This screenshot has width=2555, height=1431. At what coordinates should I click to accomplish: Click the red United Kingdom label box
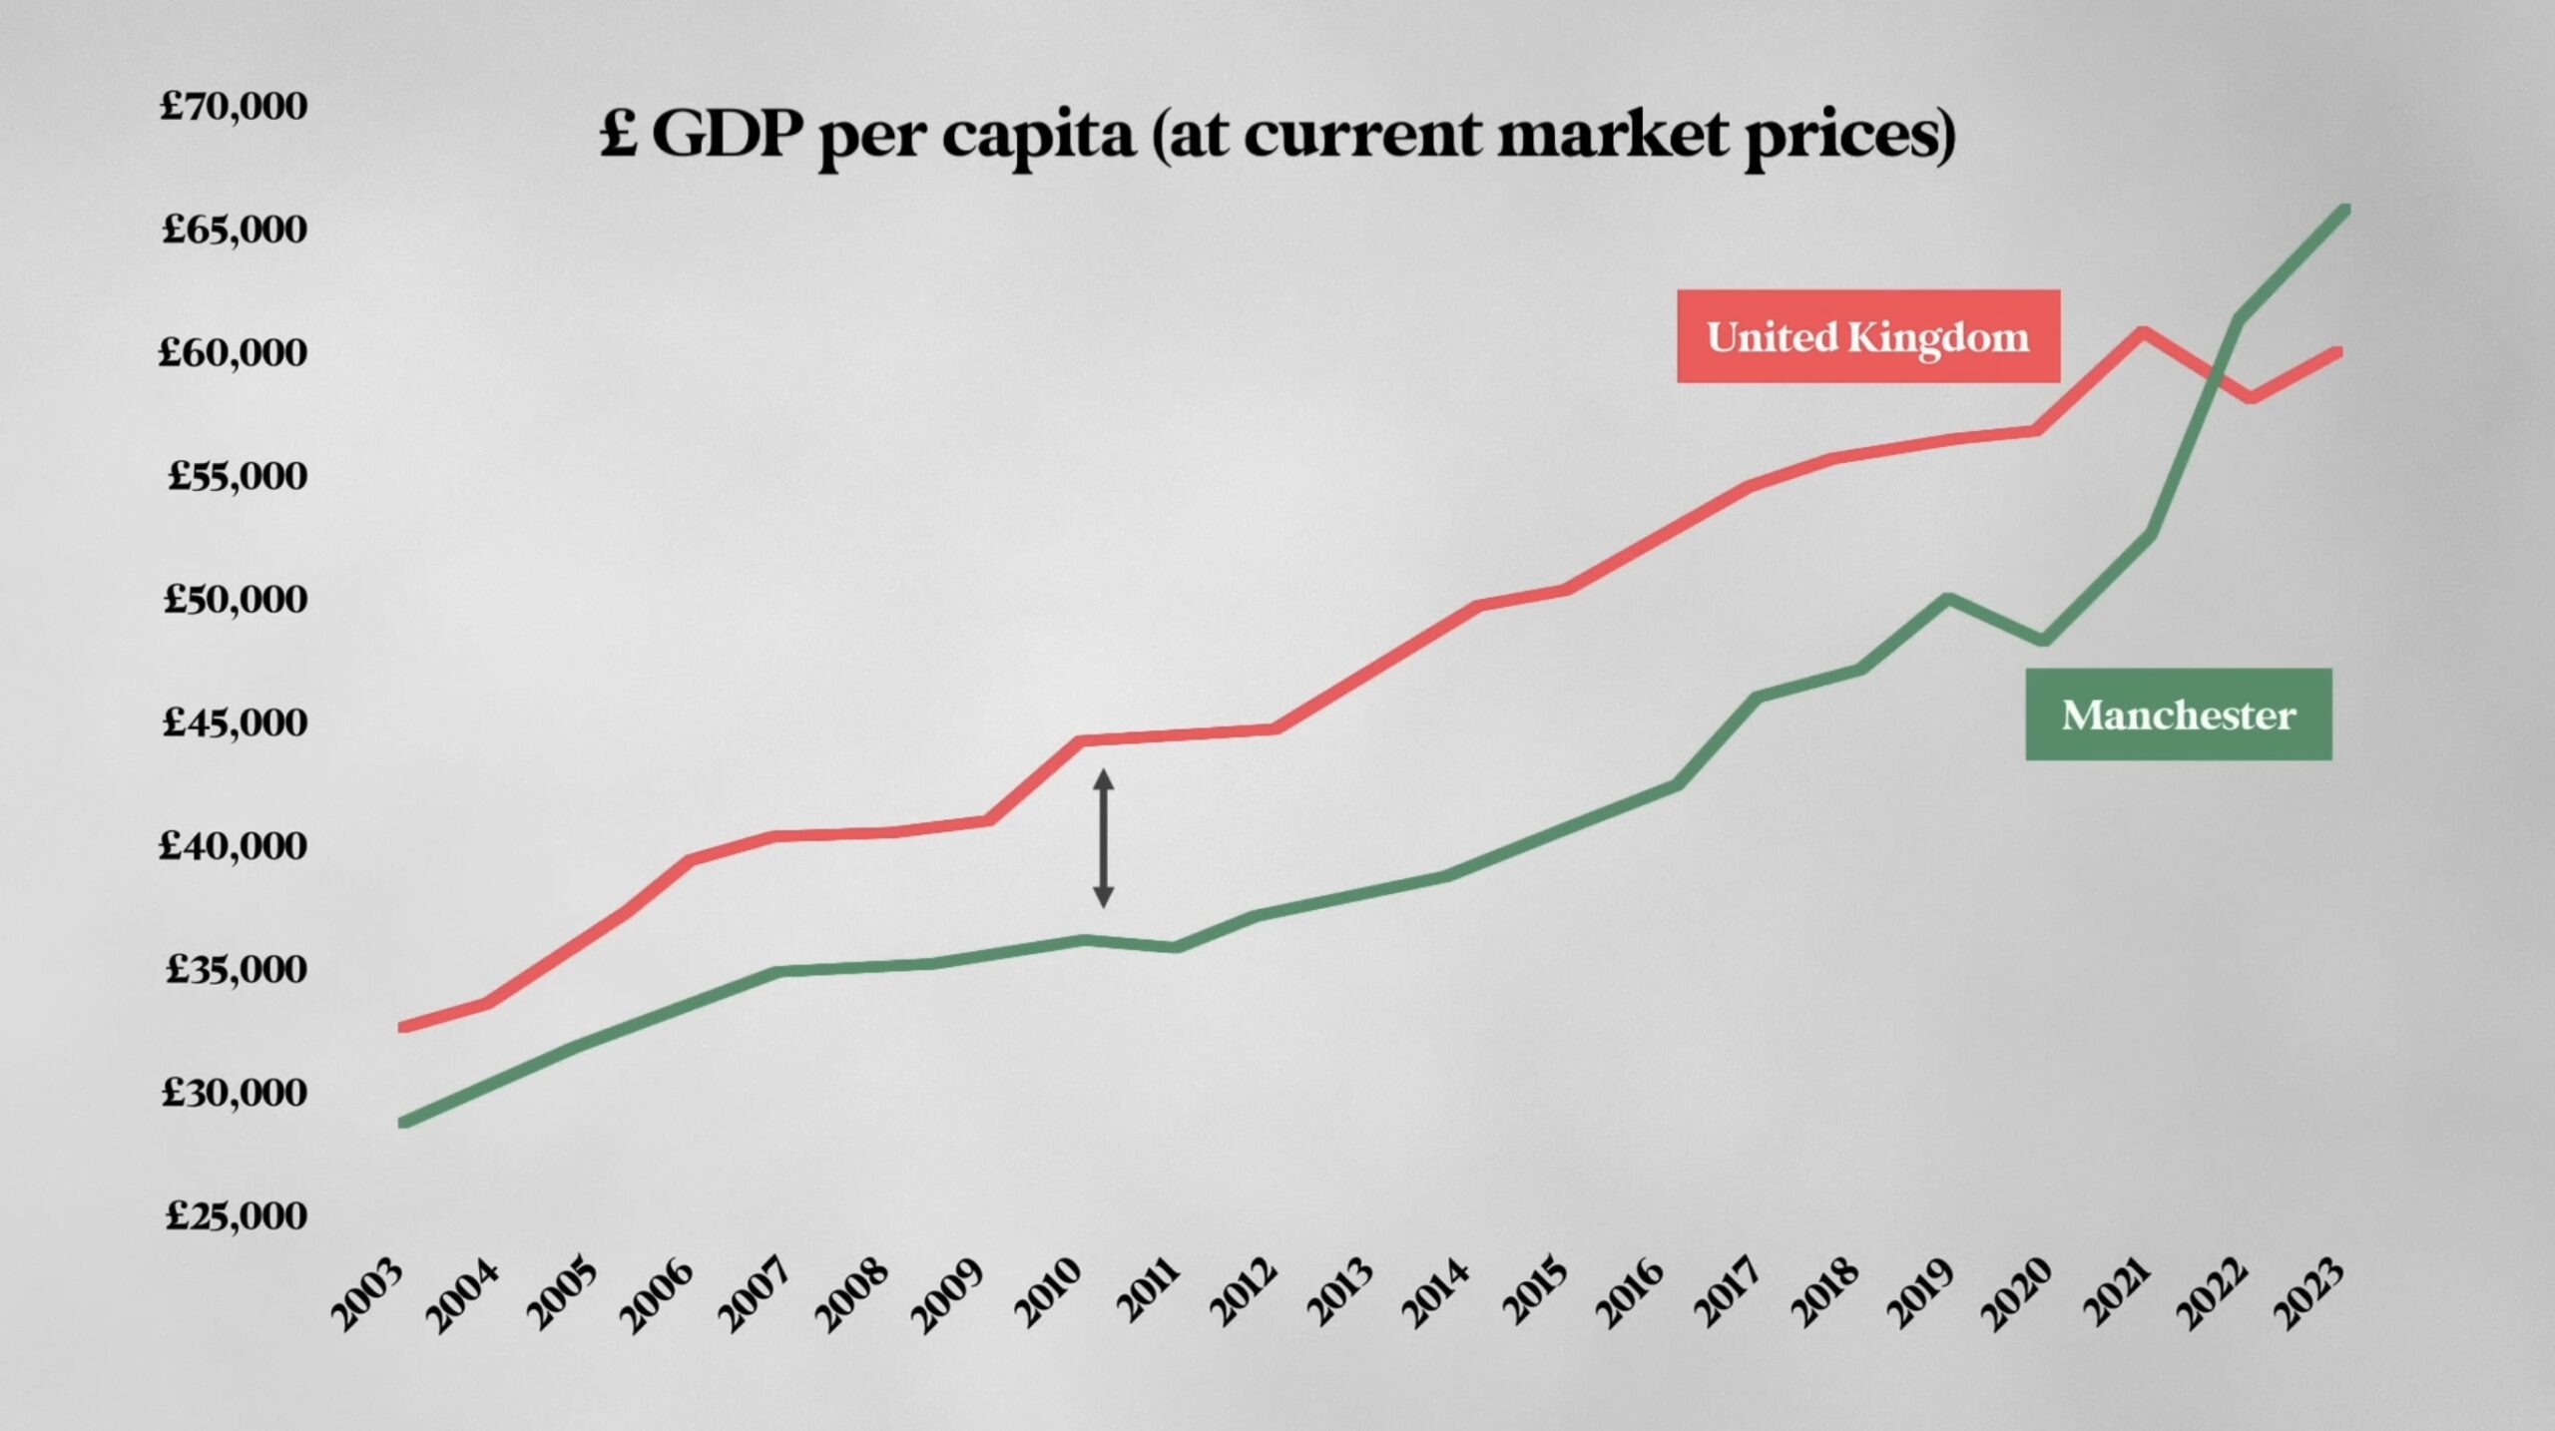pyautogui.click(x=1868, y=336)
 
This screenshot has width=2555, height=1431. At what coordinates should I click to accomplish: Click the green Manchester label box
pyautogui.click(x=2179, y=715)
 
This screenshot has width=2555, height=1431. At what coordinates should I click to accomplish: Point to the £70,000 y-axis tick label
pyautogui.click(x=234, y=106)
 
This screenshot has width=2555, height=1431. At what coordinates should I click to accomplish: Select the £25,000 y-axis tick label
pyautogui.click(x=237, y=1215)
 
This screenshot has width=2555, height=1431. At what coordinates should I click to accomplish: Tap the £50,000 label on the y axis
pyautogui.click(x=236, y=599)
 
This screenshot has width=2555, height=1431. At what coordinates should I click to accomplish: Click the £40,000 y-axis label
pyautogui.click(x=234, y=846)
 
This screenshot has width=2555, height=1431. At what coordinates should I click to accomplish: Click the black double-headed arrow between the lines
pyautogui.click(x=1103, y=838)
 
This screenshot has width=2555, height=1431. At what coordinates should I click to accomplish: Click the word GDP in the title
pyautogui.click(x=727, y=134)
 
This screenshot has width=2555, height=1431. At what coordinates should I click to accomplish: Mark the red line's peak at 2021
pyautogui.click(x=2142, y=331)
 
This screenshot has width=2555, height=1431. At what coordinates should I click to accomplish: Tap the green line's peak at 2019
pyautogui.click(x=1947, y=599)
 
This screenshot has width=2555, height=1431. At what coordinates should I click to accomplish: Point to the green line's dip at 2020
pyautogui.click(x=2044, y=640)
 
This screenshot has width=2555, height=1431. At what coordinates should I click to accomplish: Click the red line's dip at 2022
pyautogui.click(x=2250, y=398)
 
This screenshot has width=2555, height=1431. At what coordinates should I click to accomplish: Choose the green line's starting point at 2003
pyautogui.click(x=403, y=1124)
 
